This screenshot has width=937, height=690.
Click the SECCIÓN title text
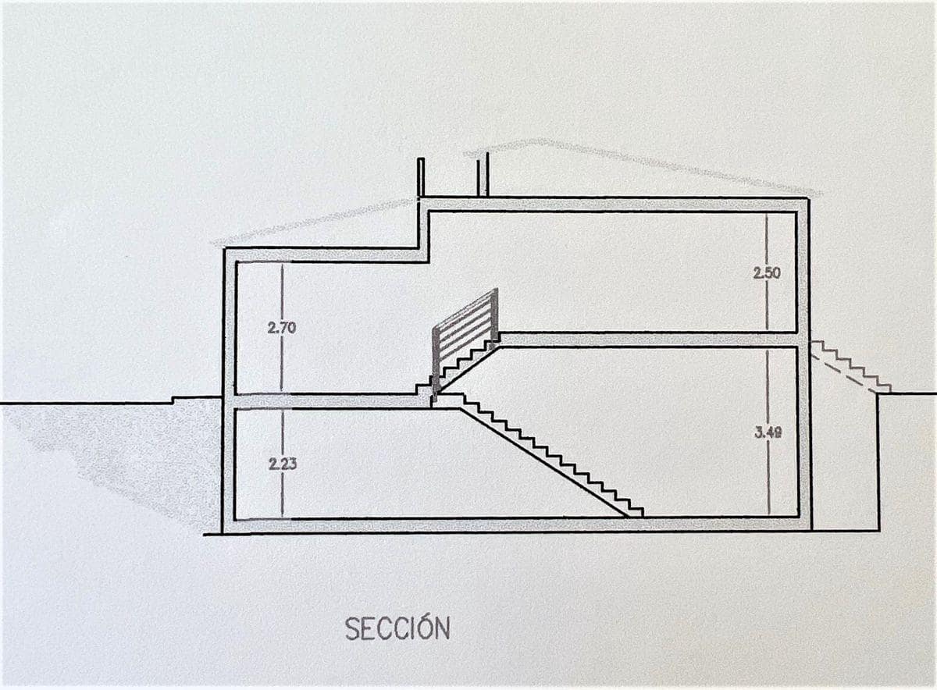[397, 628]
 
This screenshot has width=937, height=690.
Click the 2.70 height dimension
[281, 328]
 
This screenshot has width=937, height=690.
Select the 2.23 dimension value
[282, 464]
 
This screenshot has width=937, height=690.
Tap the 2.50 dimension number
[767, 273]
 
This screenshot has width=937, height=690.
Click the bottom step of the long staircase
[635, 511]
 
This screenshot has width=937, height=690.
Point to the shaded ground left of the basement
[141, 453]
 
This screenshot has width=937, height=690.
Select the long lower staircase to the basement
[547, 457]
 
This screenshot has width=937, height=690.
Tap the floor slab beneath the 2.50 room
[648, 340]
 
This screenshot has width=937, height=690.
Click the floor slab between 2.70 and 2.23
[328, 400]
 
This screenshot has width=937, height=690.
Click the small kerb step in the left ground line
[173, 400]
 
